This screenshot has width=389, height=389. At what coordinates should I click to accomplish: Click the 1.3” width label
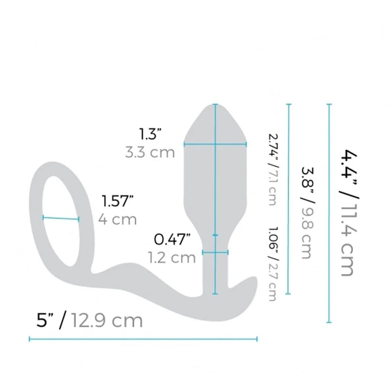pos(150,134)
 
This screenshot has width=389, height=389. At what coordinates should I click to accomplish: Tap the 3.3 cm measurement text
pos(150,152)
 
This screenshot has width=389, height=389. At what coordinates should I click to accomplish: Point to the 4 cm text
pos(117,220)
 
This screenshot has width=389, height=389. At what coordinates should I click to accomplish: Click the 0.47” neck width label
pos(173,239)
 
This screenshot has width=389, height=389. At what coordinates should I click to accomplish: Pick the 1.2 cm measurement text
pos(171,257)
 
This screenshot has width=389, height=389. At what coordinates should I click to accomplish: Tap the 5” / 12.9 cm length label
pos(86,320)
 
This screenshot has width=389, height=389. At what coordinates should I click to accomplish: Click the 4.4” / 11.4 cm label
pos(347,211)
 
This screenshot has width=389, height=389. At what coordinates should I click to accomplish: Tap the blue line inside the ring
pos(61,219)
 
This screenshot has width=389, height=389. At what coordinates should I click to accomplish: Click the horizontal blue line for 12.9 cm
pos(142,339)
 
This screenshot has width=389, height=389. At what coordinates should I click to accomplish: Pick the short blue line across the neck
pos(215,252)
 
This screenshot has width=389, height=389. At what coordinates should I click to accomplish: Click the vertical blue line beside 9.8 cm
pos(288,198)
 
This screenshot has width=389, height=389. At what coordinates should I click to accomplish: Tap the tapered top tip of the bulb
pos(216,106)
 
